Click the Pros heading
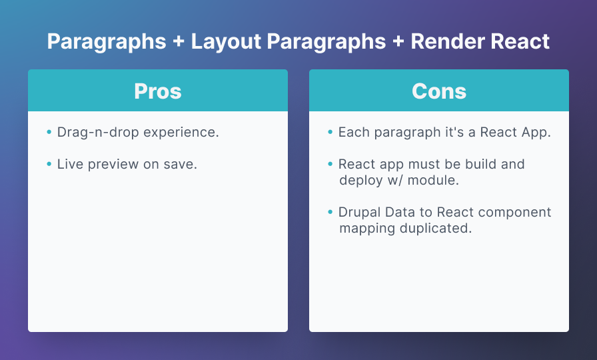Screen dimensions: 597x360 tap(158, 91)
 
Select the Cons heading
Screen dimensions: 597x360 tap(439, 91)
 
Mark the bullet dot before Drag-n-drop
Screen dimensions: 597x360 tap(49, 132)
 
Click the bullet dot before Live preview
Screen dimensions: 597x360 tap(49, 164)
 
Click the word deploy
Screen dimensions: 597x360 tap(361, 181)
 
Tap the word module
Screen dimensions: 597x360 tap(433, 180)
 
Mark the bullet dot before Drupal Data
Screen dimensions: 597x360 tap(330, 212)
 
